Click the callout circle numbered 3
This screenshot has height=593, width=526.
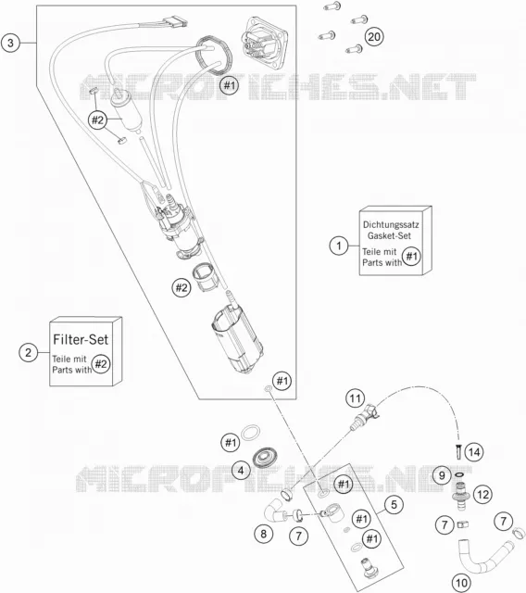[x=10, y=43]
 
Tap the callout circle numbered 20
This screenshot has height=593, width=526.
[x=374, y=37]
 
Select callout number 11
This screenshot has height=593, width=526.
[x=356, y=398]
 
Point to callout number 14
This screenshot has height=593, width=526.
[x=474, y=452]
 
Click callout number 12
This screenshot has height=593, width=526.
[x=482, y=494]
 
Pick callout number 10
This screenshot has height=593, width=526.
[x=461, y=583]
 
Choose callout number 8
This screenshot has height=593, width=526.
[x=263, y=534]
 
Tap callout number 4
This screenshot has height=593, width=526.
[x=241, y=471]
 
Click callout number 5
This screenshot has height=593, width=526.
[x=394, y=504]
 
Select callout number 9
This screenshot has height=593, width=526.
[x=442, y=475]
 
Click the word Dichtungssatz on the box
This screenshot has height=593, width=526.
[x=391, y=224]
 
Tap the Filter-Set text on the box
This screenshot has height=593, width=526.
[x=81, y=339]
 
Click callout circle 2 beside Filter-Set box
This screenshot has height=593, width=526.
[x=29, y=352]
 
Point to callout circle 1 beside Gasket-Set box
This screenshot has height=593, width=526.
[x=339, y=246]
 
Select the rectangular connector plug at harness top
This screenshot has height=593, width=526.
[x=175, y=21]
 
